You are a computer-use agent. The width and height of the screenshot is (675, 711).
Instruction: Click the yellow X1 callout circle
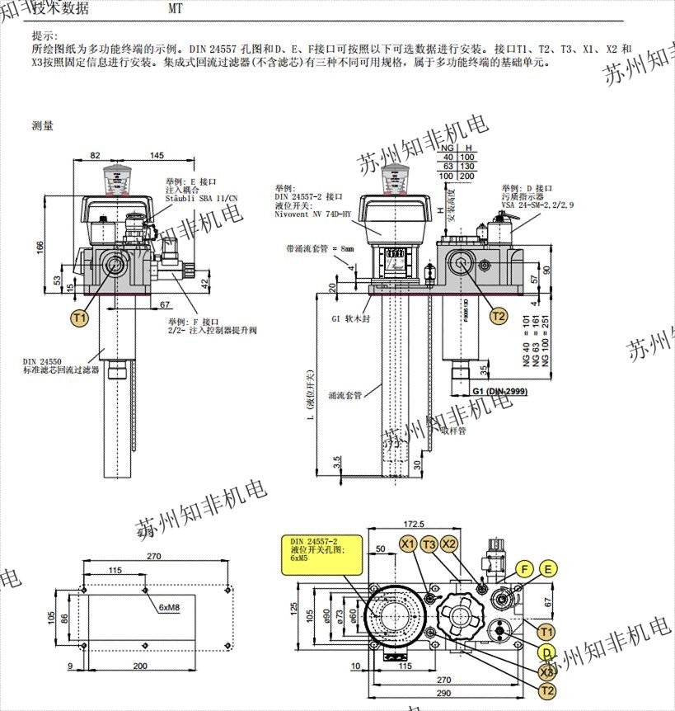click(x=408, y=544)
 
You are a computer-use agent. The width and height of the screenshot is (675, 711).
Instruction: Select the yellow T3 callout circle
click(x=429, y=544)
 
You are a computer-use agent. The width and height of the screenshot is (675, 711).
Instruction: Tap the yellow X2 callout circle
click(x=449, y=544)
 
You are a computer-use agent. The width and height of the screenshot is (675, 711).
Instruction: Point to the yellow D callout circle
click(x=545, y=652)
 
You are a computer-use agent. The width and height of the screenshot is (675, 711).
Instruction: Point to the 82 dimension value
click(x=94, y=155)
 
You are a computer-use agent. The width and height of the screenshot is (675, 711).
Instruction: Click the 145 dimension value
click(x=157, y=155)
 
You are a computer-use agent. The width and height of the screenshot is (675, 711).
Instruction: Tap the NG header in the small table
click(x=448, y=147)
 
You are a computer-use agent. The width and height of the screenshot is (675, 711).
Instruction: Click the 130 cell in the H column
click(x=466, y=166)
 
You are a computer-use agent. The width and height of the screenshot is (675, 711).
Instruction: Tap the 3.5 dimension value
click(x=337, y=462)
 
